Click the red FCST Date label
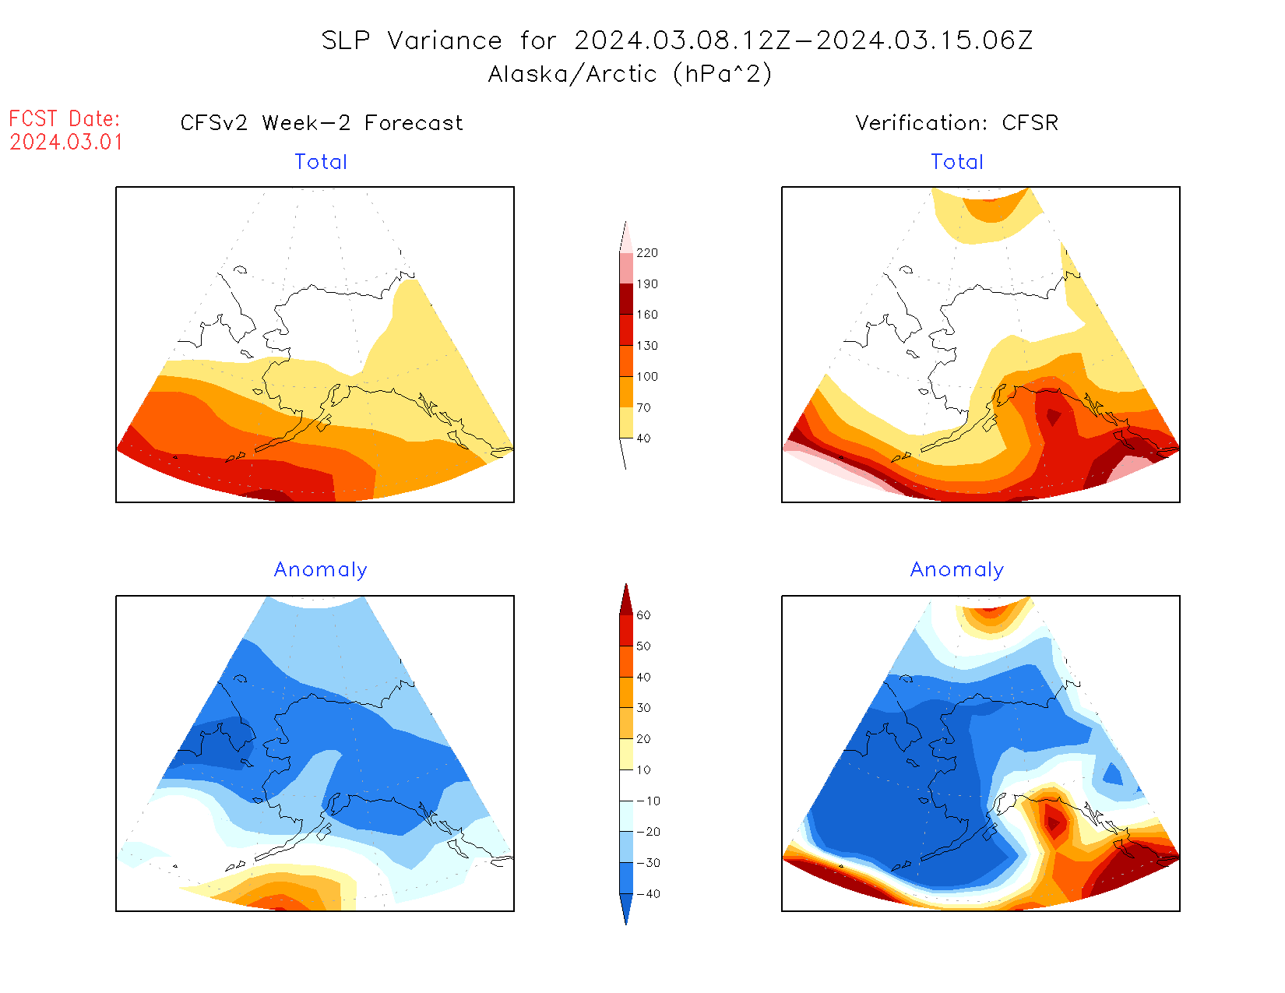(65, 119)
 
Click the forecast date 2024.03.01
(66, 143)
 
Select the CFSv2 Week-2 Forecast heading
(322, 123)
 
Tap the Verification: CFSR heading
(956, 123)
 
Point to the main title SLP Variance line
(677, 40)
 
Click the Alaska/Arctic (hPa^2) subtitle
(630, 74)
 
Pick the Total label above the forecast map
(321, 162)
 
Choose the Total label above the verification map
(957, 162)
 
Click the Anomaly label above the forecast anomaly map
(321, 570)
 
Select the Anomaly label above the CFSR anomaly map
(957, 570)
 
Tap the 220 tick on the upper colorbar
(646, 253)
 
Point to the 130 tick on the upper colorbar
(646, 346)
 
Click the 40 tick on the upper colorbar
(643, 438)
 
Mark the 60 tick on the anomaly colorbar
(643, 615)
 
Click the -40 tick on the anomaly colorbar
(648, 894)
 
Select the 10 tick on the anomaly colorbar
(643, 770)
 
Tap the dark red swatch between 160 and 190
(626, 299)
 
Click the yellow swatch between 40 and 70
(626, 423)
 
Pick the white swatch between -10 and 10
(626, 785)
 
